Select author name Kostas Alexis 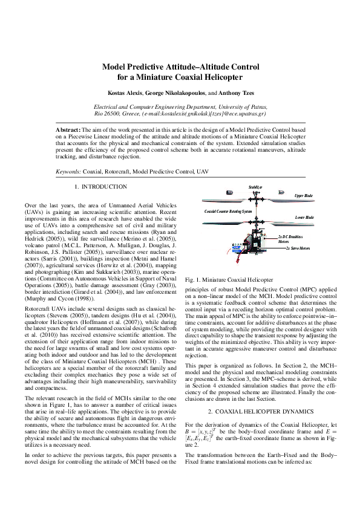point(125,94)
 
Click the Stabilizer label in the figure point(255,188)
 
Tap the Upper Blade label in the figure point(303,196)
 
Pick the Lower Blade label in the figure point(304,217)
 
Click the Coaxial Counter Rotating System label point(228,212)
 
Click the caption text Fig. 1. point(193,280)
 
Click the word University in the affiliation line point(238,106)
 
